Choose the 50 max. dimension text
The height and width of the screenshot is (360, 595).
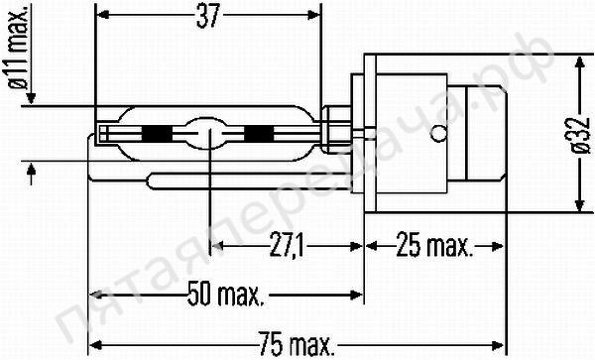tap(225, 295)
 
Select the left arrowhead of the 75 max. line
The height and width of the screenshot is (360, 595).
tap(94, 344)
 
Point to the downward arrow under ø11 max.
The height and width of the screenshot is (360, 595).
tap(33, 96)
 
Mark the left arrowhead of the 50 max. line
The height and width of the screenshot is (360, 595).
tap(94, 295)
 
